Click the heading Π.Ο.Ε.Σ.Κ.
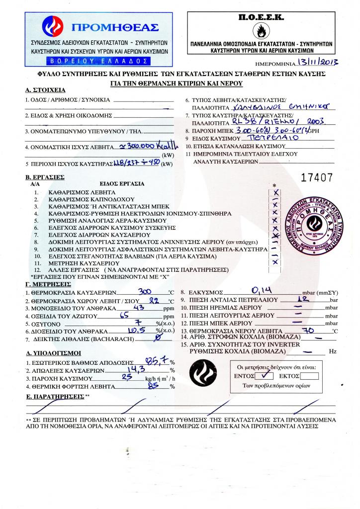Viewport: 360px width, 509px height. (261, 17)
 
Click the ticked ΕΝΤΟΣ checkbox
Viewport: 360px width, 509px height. (267, 375)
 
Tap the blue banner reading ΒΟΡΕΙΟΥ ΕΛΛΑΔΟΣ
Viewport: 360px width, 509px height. (98, 61)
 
